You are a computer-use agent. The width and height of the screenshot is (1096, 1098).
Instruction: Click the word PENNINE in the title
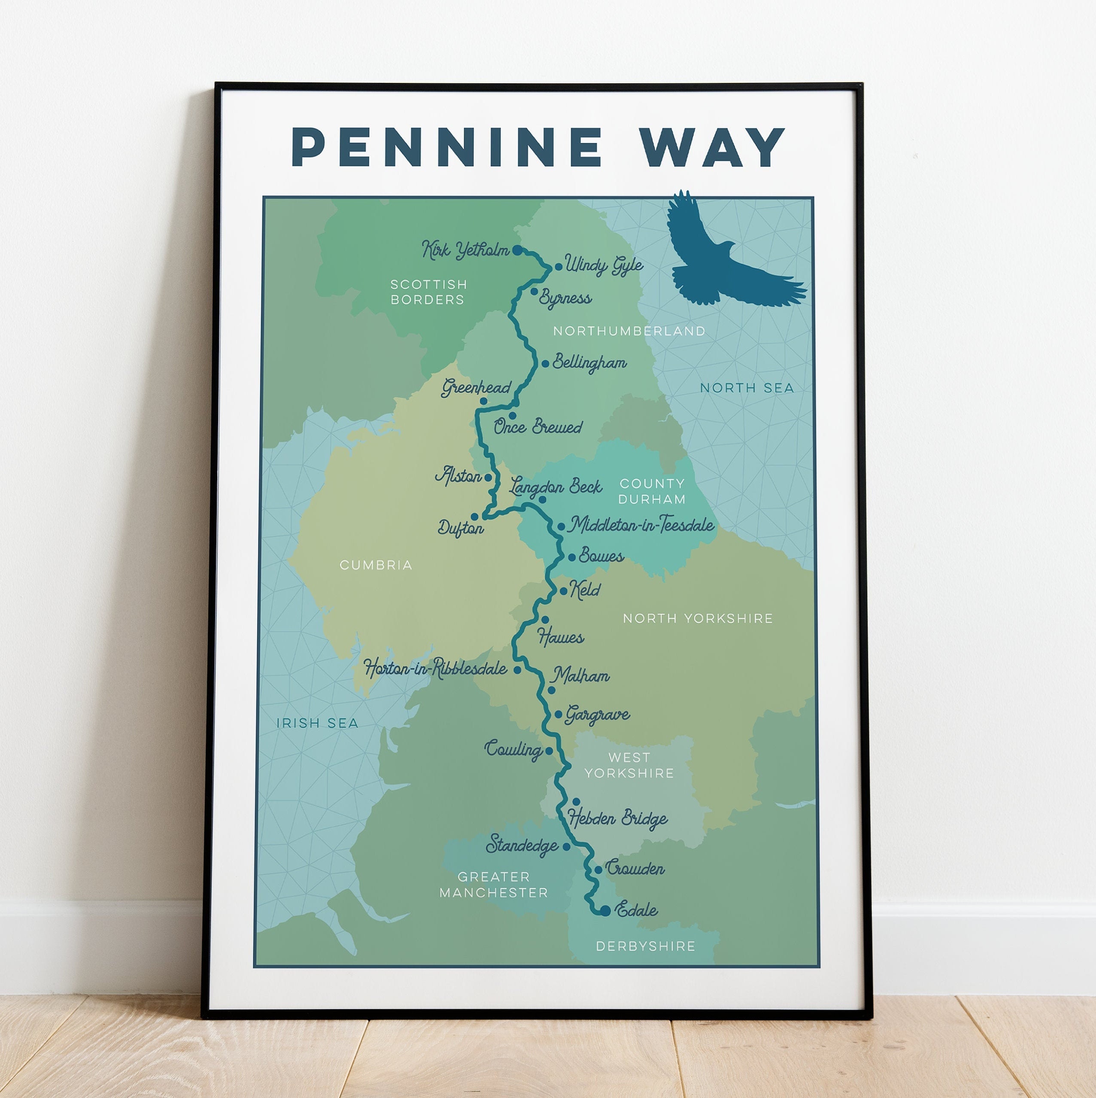tap(446, 147)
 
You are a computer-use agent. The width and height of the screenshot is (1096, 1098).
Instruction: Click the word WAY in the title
tap(711, 147)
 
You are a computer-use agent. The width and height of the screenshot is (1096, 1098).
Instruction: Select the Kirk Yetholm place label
tap(466, 249)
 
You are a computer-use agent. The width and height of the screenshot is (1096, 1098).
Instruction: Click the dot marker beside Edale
tap(605, 910)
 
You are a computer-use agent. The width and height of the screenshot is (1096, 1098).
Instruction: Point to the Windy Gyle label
tap(604, 265)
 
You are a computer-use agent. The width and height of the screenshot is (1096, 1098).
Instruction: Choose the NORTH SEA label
tap(747, 388)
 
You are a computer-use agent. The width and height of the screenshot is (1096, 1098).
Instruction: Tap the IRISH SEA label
tap(317, 723)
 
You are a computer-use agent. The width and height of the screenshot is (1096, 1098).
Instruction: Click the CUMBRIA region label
tap(376, 565)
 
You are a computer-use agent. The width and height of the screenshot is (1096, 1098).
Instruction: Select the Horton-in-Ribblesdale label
tap(436, 668)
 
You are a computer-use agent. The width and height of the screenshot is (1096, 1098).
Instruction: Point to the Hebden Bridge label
tap(618, 819)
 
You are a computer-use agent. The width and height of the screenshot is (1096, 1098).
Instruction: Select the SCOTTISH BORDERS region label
tap(428, 292)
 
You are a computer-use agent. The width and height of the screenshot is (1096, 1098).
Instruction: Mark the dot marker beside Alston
tap(488, 478)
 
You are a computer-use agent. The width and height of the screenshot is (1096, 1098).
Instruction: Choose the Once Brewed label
tap(537, 427)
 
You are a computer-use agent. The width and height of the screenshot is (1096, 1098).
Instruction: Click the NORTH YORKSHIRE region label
tap(698, 618)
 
